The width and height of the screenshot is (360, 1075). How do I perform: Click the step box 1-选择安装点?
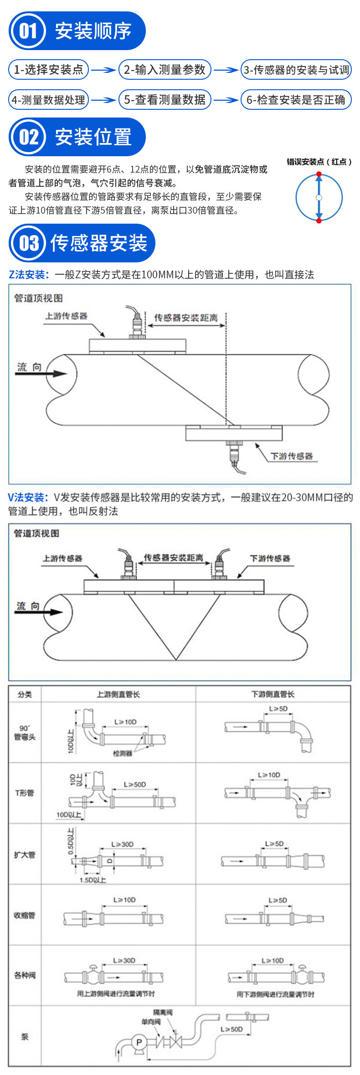48,70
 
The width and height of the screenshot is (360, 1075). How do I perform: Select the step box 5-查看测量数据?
165,100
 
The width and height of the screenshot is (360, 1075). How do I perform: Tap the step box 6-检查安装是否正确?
296,100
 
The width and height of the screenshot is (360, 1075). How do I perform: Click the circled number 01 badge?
28,31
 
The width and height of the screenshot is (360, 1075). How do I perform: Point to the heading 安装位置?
93,137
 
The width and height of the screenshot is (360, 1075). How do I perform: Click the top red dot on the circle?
319,174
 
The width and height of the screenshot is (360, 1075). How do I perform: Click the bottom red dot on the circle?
319,220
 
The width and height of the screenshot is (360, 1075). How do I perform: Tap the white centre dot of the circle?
319,198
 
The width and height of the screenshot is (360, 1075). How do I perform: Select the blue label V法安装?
28,497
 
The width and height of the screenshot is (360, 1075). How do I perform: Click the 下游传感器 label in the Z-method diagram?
292,456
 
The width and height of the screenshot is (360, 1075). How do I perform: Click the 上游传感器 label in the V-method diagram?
62,558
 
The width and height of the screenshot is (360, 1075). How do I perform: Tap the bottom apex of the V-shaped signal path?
176,660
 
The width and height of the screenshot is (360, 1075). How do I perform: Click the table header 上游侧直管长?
118,694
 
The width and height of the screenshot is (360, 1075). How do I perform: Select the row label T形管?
25,793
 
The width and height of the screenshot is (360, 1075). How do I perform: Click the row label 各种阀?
25,975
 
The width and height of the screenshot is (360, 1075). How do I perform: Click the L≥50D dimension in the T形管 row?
135,784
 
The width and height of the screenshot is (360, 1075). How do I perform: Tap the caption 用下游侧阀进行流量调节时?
275,994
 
